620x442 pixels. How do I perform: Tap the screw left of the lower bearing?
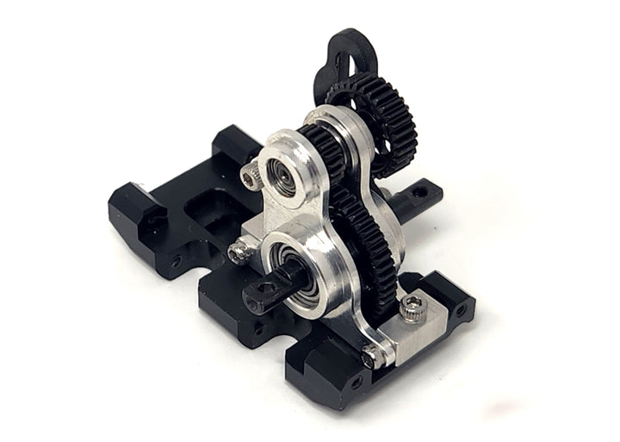(238, 252)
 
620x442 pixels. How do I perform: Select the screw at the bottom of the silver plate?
(370, 354)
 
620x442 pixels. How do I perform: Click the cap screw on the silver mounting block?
(412, 306)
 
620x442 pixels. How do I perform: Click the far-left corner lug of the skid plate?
(129, 207)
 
